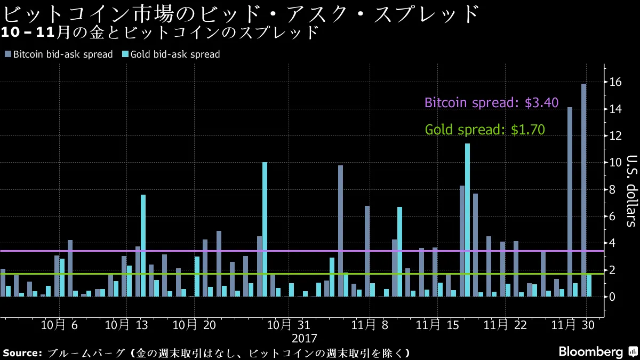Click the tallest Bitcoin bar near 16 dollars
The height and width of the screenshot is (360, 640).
(583, 189)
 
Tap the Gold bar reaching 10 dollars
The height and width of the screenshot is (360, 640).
(265, 229)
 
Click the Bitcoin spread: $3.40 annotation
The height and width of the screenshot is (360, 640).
(491, 103)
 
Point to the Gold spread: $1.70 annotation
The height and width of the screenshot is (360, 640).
(484, 130)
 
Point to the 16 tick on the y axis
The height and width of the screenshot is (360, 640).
(616, 82)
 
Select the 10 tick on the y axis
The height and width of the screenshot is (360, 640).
(616, 163)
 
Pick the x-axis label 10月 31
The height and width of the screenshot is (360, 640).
(289, 325)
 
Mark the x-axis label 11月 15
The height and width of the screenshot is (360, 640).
(437, 325)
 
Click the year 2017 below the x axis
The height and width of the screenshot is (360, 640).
(304, 338)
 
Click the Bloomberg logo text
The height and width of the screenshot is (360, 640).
(590, 352)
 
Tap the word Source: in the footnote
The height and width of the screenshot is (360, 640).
(22, 353)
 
